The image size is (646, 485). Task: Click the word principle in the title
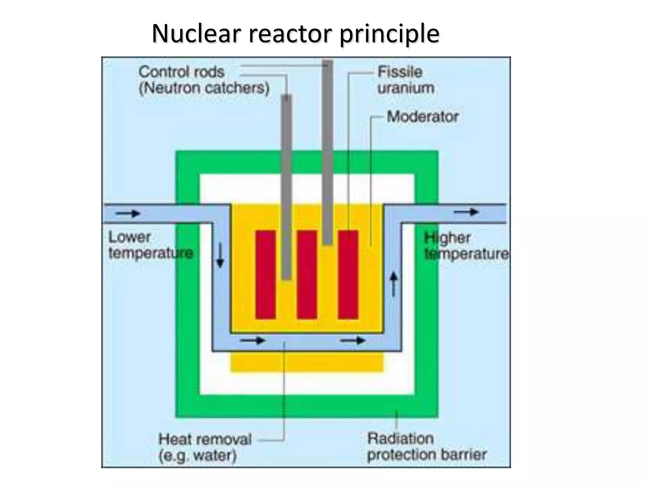coord(389,34)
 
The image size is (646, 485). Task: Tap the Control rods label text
coord(182,72)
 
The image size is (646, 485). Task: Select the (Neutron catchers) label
coord(204,88)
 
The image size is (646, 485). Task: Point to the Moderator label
coord(422,117)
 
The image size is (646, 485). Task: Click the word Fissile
coord(400,72)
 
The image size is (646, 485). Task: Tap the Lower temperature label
coord(150,245)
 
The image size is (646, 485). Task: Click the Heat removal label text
coord(205,439)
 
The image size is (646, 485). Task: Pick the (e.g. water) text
coord(197,456)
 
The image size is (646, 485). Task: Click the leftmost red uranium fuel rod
coord(265,274)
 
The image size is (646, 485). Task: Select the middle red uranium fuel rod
coord(307,274)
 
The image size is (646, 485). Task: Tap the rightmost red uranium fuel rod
coord(348,274)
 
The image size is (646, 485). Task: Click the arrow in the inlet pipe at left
coord(128,213)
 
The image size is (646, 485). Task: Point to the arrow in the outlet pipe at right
coord(466,212)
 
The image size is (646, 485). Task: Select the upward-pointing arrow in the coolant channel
coord(393,284)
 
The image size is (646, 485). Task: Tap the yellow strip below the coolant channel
coord(307,362)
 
